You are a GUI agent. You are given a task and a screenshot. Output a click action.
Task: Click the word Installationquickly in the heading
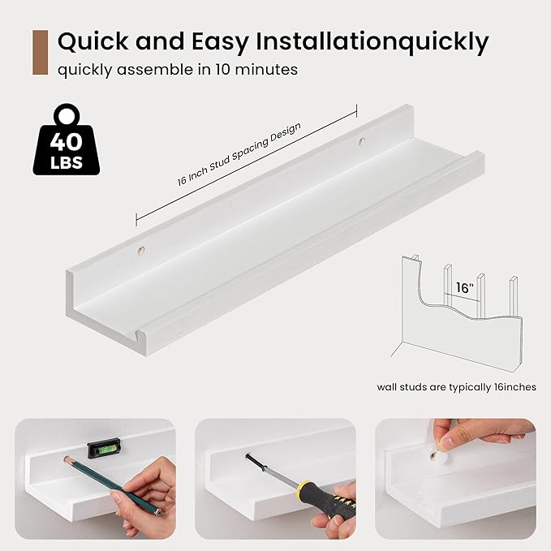[x=372, y=42]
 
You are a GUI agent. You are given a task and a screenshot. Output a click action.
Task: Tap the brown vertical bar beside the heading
[x=40, y=53]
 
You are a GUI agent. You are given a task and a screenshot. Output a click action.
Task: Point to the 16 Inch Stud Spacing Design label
[x=239, y=154]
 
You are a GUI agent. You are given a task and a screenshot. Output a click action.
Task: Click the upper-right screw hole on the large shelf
[x=361, y=142]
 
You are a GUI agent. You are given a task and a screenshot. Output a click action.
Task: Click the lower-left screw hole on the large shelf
[x=141, y=251]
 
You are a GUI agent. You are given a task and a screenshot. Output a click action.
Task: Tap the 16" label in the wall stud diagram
[x=464, y=288]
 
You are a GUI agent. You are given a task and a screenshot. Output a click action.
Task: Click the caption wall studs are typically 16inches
[x=457, y=387]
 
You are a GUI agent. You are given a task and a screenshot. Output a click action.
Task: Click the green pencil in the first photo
[x=113, y=485]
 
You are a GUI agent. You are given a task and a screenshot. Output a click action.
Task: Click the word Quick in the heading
[x=94, y=41]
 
